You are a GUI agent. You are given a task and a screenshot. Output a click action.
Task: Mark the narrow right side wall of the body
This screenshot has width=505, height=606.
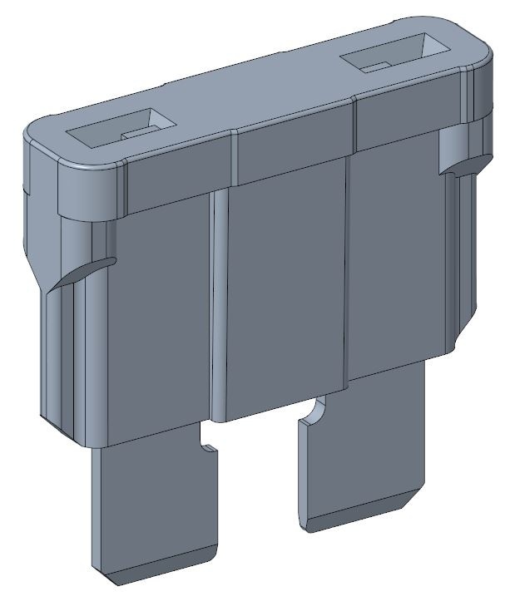[x=462, y=249]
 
